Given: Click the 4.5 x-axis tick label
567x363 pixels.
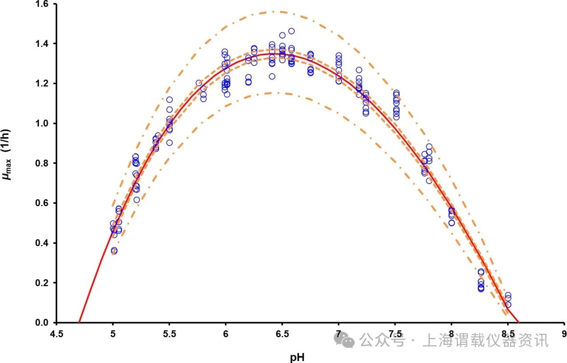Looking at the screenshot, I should coord(56,333).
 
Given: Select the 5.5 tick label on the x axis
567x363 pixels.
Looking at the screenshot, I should coord(169,333).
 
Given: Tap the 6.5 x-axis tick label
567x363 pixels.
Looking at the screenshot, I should coord(282,333).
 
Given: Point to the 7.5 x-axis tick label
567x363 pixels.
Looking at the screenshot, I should coord(395,333).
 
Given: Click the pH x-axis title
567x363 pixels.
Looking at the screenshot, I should coord(297,356).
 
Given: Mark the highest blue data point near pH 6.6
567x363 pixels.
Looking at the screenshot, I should coord(291,31).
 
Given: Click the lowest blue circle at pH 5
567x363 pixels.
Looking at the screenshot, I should coord(114,251).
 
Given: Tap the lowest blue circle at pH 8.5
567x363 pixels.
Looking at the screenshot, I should coord(508,305).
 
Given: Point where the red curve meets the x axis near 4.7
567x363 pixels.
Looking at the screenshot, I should coord(79,322).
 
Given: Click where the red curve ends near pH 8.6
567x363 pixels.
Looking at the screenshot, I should coord(519,322).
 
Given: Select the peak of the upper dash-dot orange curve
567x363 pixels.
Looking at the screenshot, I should coord(274,12).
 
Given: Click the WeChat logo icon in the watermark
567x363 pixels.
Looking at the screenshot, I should coord(344,340).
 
